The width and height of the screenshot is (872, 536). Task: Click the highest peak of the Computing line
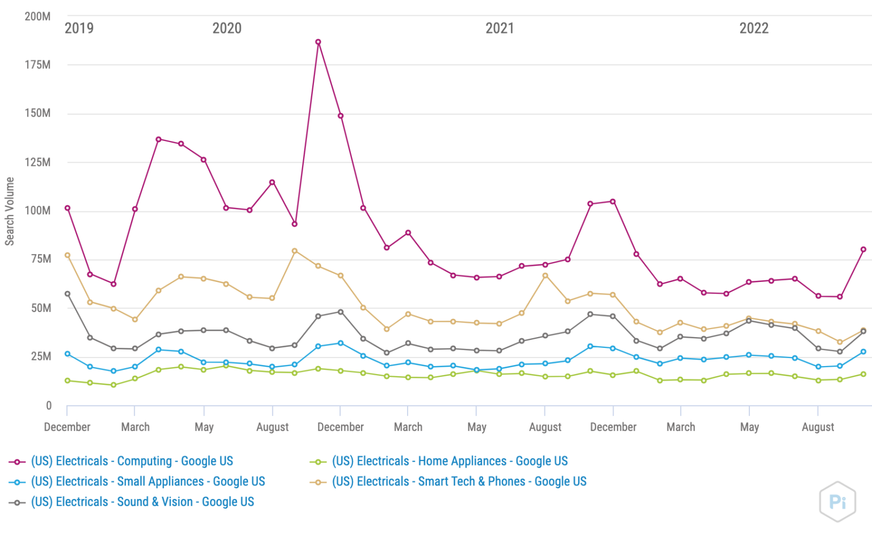(318, 42)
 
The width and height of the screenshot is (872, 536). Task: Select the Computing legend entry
(132, 462)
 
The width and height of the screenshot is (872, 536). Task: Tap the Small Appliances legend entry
(148, 482)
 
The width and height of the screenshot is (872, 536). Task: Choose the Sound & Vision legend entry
(142, 502)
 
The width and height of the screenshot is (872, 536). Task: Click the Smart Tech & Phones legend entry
(459, 482)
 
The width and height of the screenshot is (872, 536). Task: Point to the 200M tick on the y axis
(37, 16)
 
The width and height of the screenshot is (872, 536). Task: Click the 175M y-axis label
(37, 65)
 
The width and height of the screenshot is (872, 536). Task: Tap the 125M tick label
(37, 162)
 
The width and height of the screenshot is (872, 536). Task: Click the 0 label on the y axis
(48, 405)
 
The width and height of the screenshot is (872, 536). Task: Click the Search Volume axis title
(10, 211)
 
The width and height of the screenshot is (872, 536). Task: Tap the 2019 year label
(79, 28)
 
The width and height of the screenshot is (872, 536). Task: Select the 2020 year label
(227, 28)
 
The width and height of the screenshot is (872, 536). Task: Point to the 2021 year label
(500, 28)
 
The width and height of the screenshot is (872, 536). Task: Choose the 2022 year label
(754, 28)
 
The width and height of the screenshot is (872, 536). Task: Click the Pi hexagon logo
(837, 501)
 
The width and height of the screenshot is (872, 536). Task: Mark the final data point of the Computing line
(863, 250)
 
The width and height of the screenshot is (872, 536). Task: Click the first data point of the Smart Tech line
(68, 255)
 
